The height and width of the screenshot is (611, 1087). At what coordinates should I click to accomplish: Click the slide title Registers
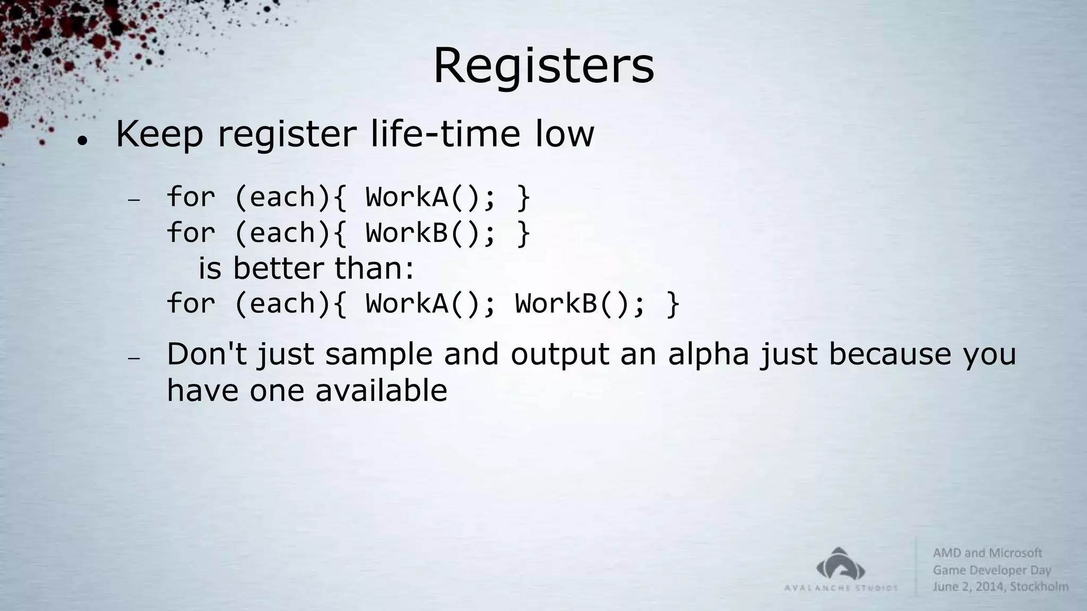(x=543, y=66)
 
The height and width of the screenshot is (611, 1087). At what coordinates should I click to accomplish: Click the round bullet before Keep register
(x=82, y=141)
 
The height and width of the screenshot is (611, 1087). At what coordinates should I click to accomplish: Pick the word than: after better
(x=374, y=268)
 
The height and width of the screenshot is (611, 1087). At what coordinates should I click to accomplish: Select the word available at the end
(x=381, y=391)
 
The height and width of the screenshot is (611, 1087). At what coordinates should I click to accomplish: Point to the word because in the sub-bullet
(x=890, y=354)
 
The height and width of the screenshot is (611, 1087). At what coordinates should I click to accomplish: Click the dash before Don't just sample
(x=134, y=359)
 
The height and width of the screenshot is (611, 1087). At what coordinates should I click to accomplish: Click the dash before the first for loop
(x=134, y=200)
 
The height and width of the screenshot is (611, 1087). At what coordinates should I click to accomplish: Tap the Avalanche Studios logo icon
(x=841, y=564)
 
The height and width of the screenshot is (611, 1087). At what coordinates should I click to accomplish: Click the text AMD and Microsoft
(x=987, y=553)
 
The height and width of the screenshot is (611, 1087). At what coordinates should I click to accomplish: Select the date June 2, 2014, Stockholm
(x=1000, y=587)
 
